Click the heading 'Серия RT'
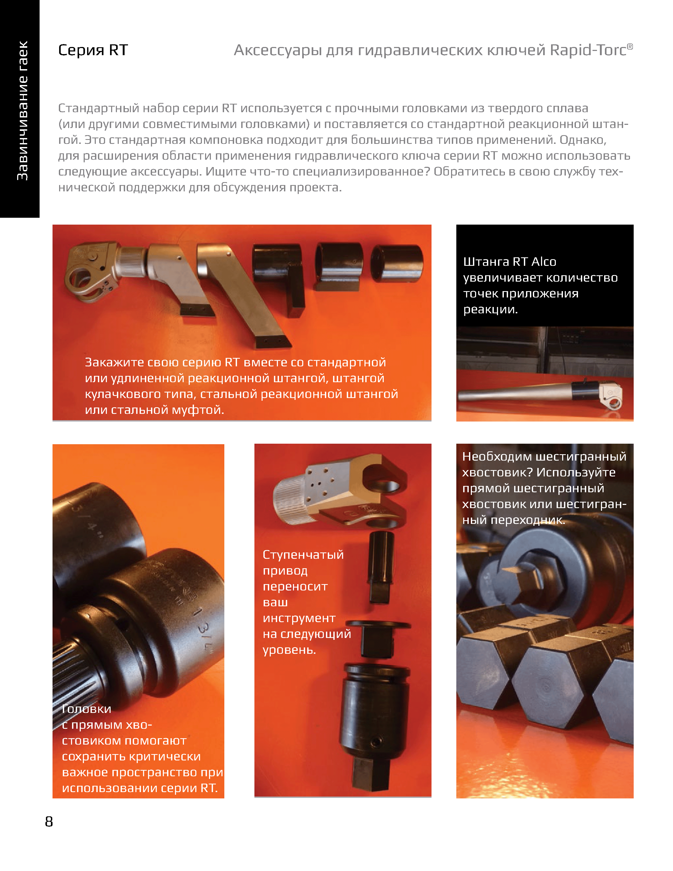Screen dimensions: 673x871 tap(93, 50)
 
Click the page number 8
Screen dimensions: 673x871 tap(49, 822)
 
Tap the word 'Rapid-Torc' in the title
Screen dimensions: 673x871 tap(588, 50)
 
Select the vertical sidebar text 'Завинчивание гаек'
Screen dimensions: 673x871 tap(22, 111)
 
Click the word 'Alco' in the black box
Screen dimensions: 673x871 tap(544, 262)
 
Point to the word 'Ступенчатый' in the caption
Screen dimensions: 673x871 tap(303, 555)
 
